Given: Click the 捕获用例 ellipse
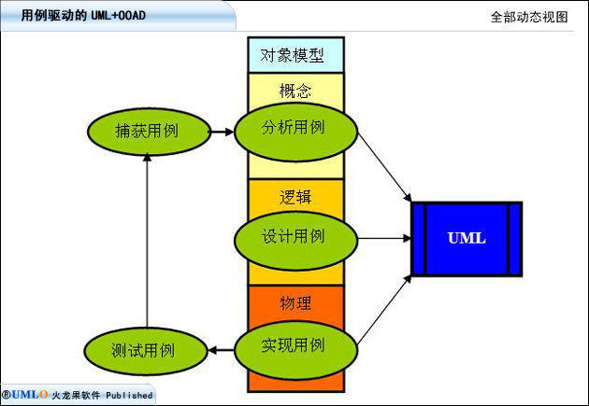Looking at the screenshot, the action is (x=150, y=132).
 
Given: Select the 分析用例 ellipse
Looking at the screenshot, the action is (x=296, y=133).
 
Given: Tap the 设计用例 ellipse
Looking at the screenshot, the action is (x=296, y=241).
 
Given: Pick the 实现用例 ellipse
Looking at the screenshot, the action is (x=296, y=349).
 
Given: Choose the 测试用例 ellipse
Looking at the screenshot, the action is (x=146, y=351).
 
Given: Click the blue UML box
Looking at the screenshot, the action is (x=467, y=239).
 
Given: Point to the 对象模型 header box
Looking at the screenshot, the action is (x=295, y=55).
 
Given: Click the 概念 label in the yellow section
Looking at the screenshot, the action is (x=295, y=91).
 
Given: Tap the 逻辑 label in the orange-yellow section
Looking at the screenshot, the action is (x=295, y=197).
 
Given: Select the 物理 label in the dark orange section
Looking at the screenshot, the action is (x=295, y=303).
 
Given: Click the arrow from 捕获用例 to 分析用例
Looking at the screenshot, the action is (x=222, y=132).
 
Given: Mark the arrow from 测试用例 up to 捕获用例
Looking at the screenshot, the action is (x=148, y=241).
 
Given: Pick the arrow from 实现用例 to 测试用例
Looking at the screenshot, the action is (x=221, y=351).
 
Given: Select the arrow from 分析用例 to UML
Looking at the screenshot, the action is (x=384, y=167).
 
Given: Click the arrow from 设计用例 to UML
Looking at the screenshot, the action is (x=384, y=238).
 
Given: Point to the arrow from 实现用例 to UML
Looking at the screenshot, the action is (x=384, y=310).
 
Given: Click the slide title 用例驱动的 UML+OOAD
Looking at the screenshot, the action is (x=83, y=15).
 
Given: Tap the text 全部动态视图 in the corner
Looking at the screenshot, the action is (x=529, y=17).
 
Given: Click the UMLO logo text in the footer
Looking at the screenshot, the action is (x=25, y=395).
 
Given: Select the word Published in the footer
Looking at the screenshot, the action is (x=129, y=395).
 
